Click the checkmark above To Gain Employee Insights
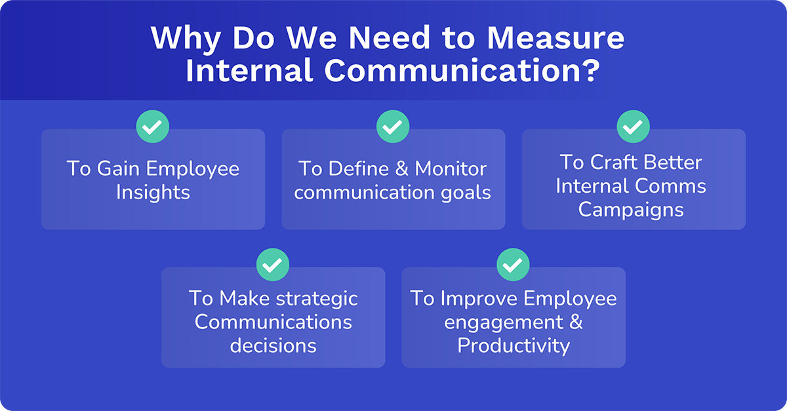(153, 127)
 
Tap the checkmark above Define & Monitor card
(393, 127)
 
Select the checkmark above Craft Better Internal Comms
(634, 127)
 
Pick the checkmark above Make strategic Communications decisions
(273, 265)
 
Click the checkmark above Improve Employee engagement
(513, 265)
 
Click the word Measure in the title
(555, 39)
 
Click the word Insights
(153, 193)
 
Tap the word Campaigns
(631, 210)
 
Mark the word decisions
(273, 345)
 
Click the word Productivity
(514, 345)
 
